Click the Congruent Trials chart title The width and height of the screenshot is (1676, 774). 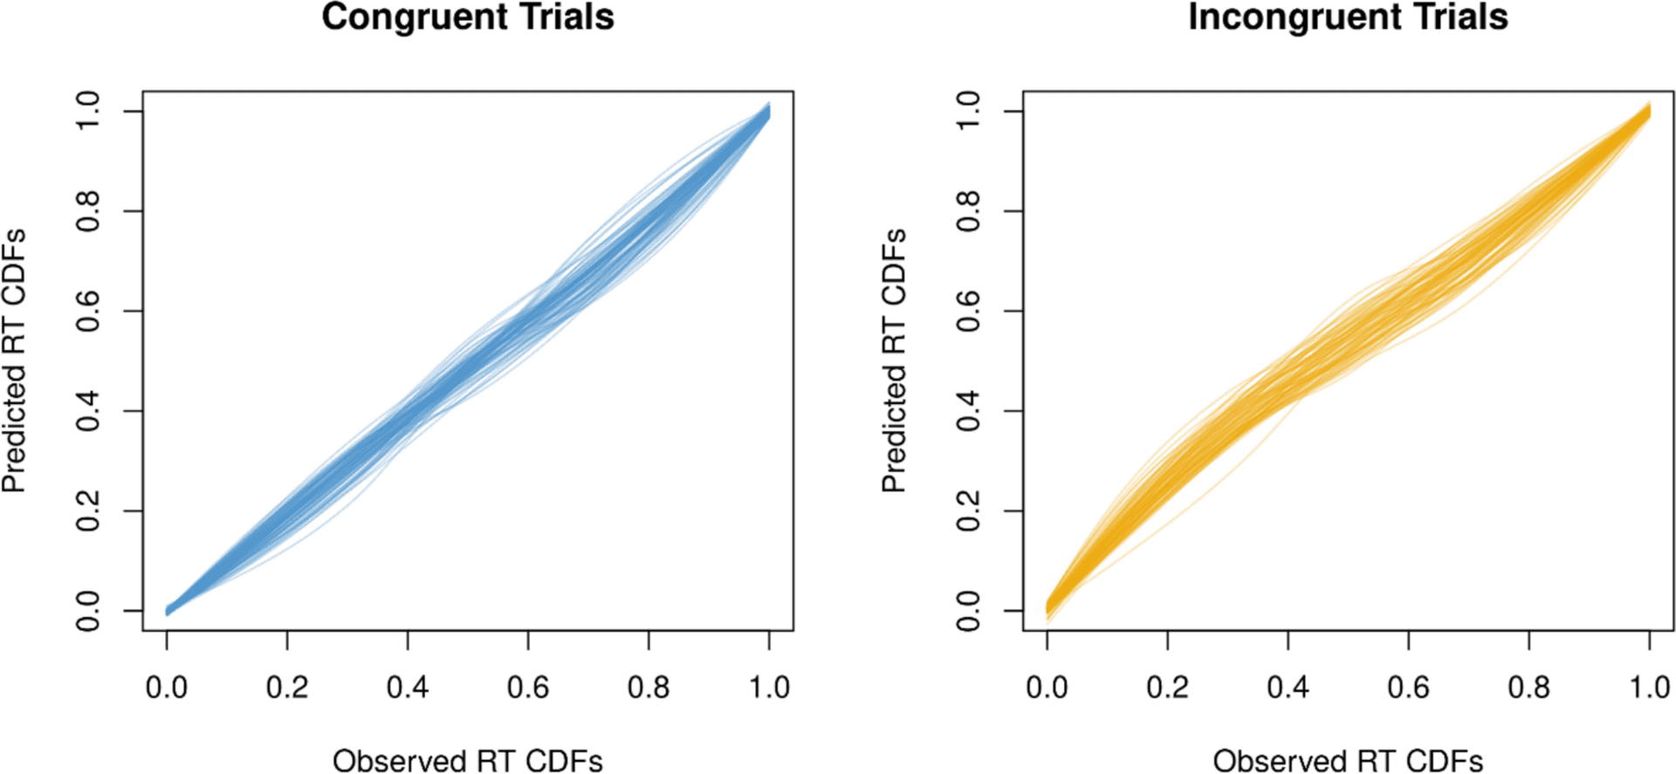[x=468, y=17]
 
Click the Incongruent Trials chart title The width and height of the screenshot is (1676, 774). [x=1348, y=17]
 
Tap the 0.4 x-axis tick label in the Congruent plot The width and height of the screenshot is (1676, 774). [x=408, y=688]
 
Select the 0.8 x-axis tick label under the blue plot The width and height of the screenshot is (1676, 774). [x=649, y=688]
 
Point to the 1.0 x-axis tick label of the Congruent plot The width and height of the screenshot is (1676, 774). [x=769, y=688]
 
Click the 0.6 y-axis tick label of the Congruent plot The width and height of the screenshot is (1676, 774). [x=88, y=312]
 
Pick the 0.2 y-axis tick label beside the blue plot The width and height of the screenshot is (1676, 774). [x=88, y=511]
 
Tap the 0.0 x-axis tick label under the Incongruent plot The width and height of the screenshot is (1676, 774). [x=1047, y=688]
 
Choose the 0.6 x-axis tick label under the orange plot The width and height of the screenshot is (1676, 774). [x=1408, y=688]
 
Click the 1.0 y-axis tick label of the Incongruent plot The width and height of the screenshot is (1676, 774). [x=968, y=112]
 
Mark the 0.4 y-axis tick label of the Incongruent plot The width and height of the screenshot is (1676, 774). [x=968, y=411]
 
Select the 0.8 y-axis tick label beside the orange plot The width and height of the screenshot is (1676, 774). [x=968, y=211]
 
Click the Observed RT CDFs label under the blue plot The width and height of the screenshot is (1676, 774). [x=468, y=760]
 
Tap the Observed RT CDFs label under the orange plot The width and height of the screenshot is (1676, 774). [x=1348, y=760]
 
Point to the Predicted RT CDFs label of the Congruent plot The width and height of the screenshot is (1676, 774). [x=15, y=360]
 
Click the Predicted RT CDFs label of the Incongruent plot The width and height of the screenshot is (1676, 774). [x=895, y=360]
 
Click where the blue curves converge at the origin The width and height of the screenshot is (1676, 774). [x=168, y=610]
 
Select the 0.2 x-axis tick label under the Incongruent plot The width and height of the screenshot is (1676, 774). [x=1167, y=688]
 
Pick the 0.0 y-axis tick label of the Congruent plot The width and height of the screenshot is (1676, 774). [x=88, y=611]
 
